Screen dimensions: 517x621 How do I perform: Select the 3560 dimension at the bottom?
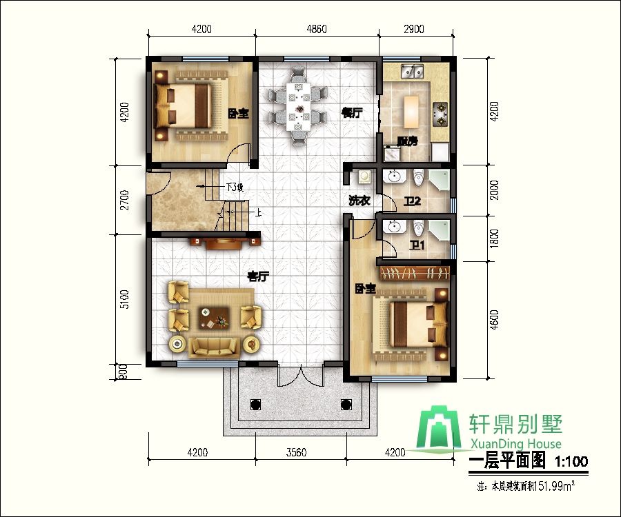(296, 453)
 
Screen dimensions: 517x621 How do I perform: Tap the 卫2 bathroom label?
(413, 202)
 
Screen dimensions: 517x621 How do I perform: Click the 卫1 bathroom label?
(417, 245)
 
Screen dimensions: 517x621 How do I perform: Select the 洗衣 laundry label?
(359, 201)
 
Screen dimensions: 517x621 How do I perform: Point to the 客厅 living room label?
(258, 276)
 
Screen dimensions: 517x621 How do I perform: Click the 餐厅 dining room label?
(352, 114)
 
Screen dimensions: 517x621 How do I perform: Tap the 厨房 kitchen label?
(407, 141)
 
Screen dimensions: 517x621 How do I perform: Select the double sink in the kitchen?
(413, 70)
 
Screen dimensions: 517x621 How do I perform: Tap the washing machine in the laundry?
(364, 178)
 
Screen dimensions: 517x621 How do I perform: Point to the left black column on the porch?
(254, 405)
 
